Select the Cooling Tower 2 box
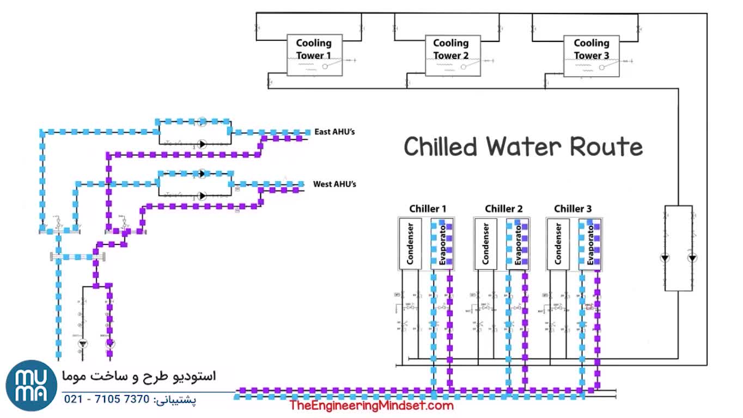(x=451, y=54)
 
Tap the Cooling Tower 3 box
(x=591, y=56)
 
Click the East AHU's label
(x=334, y=132)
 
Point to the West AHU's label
(x=334, y=185)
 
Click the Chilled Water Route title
(x=523, y=147)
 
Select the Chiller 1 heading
(x=428, y=208)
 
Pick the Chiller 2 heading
(x=503, y=208)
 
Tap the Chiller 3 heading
(x=573, y=208)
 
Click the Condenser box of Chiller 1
(x=411, y=244)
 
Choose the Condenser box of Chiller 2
(x=485, y=244)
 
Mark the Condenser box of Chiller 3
(x=558, y=244)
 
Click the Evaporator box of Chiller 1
(x=442, y=244)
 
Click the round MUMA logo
(x=32, y=385)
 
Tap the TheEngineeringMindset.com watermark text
(x=371, y=405)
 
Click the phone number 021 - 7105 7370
(x=107, y=399)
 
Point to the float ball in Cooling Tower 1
(x=325, y=66)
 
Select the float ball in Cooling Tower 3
(x=601, y=67)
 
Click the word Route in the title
(x=606, y=147)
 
